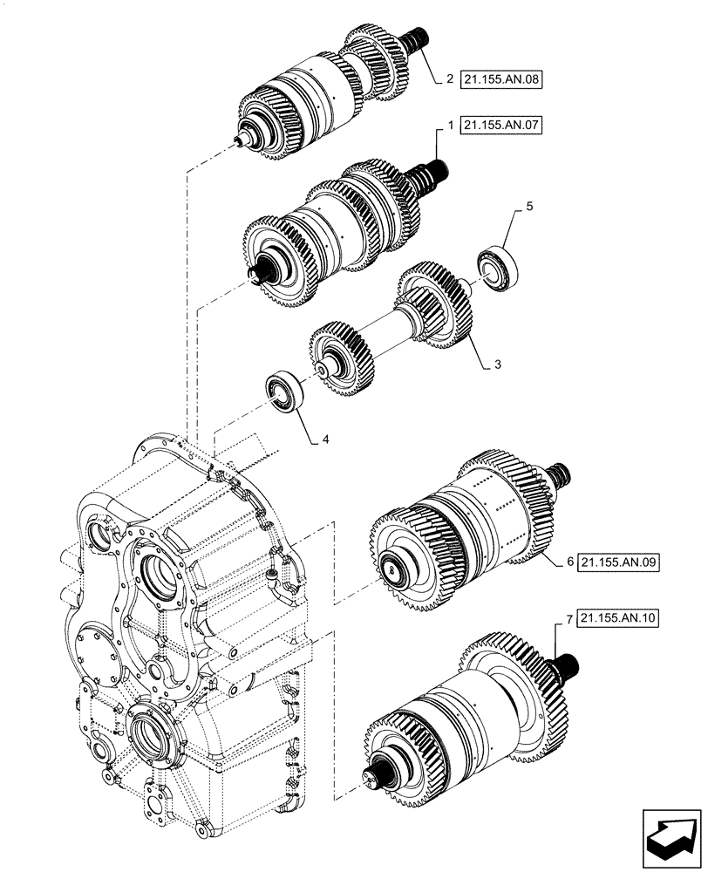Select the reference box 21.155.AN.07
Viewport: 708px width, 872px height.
point(500,126)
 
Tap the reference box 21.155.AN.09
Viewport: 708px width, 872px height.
point(618,562)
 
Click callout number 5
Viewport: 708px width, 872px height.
point(528,208)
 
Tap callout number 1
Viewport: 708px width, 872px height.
point(449,126)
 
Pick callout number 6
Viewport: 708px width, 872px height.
point(569,562)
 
